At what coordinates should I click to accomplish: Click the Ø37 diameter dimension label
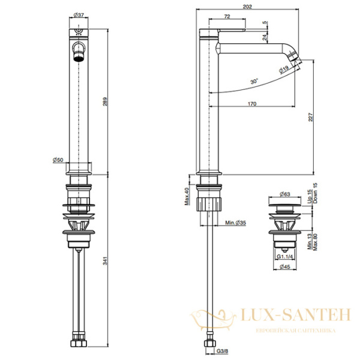[79, 15]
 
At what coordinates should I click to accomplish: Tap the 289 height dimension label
[105, 102]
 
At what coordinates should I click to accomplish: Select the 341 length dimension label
[105, 261]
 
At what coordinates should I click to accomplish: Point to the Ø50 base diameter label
[58, 160]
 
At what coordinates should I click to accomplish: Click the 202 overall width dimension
[247, 7]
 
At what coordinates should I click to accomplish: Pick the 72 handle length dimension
[227, 17]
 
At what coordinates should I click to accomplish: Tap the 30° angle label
[254, 81]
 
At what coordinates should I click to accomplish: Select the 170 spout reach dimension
[252, 104]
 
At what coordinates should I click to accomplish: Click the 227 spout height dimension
[311, 117]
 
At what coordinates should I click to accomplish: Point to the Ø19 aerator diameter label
[284, 70]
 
